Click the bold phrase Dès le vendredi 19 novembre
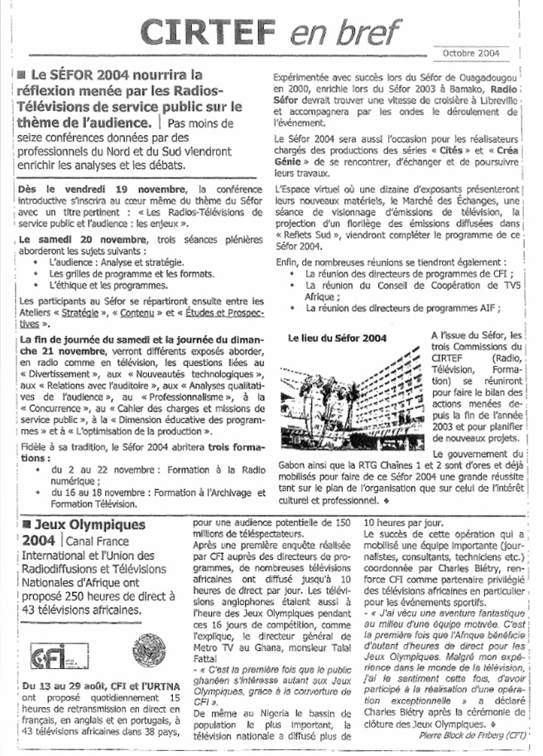pyautogui.click(x=74, y=190)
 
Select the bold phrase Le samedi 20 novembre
pyautogui.click(x=70, y=238)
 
